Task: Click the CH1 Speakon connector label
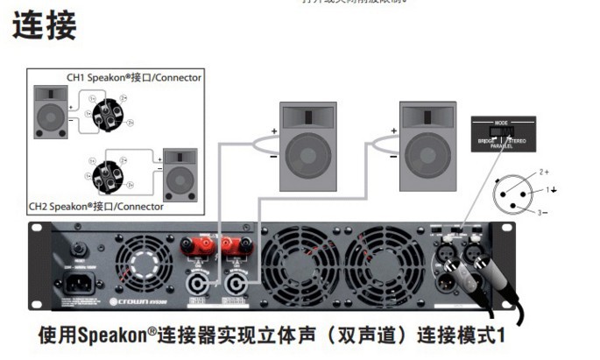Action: click(x=134, y=77)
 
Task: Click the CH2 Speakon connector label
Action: click(x=96, y=207)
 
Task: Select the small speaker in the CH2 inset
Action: click(x=180, y=175)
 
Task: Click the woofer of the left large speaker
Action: click(x=307, y=157)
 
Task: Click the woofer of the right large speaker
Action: click(x=427, y=157)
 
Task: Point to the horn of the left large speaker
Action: click(x=307, y=115)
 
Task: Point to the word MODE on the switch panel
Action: click(x=501, y=123)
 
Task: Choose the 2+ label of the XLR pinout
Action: click(x=544, y=172)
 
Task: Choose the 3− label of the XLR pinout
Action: click(x=543, y=210)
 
